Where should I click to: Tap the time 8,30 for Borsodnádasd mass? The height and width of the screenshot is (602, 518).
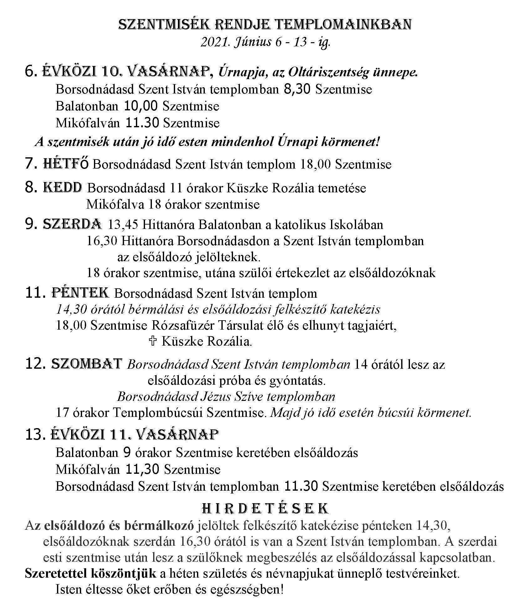click(x=297, y=89)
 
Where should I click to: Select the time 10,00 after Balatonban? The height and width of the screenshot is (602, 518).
click(x=141, y=106)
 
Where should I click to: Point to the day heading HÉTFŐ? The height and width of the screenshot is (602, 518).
click(x=66, y=164)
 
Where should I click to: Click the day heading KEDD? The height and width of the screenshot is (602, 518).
click(x=62, y=188)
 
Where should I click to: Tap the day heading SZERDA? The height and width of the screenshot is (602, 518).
click(x=72, y=224)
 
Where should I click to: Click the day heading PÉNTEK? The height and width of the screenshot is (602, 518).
click(x=80, y=293)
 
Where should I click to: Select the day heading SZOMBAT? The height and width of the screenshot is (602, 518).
click(x=86, y=364)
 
